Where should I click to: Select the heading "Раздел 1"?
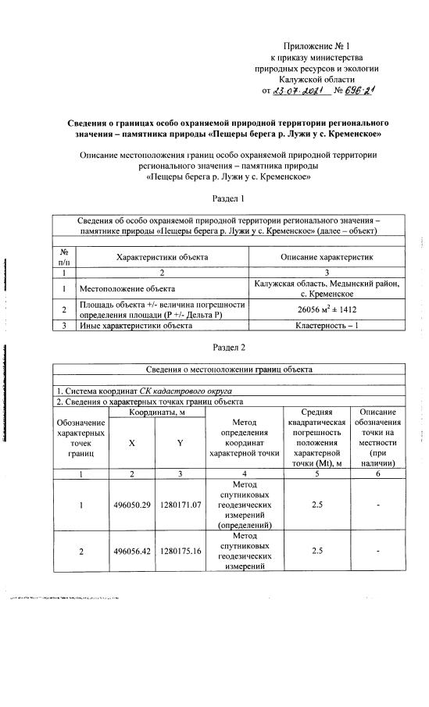click(x=229, y=201)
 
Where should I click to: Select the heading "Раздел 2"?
click(x=229, y=346)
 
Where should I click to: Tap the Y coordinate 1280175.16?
click(x=181, y=551)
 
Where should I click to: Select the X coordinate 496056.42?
click(x=135, y=551)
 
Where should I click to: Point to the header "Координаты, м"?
click(x=158, y=412)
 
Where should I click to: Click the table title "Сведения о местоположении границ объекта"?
click(x=229, y=369)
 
